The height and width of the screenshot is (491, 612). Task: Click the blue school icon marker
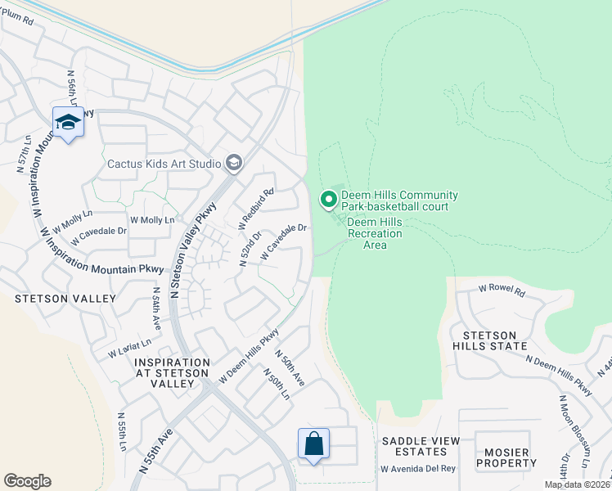[68, 123]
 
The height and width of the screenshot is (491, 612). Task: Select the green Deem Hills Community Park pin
[328, 199]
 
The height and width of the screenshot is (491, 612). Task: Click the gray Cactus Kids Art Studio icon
[234, 164]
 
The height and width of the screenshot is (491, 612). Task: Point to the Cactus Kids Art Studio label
[164, 164]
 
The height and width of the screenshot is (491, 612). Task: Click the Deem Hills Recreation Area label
[375, 233]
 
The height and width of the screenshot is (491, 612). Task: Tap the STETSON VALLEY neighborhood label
[65, 299]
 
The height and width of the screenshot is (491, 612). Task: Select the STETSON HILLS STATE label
[495, 340]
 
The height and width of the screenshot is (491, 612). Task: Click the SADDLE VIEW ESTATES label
[421, 446]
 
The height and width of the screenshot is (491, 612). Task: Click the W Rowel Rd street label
[500, 288]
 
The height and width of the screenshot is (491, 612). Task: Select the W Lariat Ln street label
[130, 349]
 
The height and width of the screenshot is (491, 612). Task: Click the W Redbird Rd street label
[256, 209]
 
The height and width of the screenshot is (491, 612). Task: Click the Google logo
[27, 481]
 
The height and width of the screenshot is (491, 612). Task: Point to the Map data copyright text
[577, 484]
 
